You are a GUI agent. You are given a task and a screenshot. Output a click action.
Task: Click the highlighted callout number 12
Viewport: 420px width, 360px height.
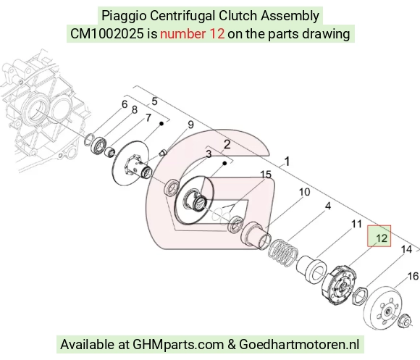382,238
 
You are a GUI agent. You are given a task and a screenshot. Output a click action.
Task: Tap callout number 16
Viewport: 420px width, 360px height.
413,276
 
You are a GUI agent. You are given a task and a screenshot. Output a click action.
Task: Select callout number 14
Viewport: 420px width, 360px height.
406,249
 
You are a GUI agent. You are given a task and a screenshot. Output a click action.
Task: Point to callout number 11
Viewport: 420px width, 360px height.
356,224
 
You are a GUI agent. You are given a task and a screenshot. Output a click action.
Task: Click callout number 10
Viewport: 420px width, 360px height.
304,192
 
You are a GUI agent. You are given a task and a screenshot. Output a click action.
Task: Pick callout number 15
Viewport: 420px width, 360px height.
266,175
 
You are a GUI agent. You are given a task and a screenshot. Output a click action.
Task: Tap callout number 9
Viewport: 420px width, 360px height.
190,125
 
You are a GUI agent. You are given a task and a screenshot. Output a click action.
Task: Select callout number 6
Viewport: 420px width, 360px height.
125,104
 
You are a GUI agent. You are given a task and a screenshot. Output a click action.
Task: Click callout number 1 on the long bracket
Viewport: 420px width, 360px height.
287,162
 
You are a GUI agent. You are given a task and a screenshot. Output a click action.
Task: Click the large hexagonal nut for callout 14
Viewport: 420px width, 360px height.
359,296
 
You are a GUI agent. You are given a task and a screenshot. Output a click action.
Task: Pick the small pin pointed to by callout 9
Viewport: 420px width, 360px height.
163,154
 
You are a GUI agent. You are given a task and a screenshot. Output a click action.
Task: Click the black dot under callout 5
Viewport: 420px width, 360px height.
161,123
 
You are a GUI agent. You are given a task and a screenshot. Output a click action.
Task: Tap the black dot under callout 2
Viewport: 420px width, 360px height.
225,163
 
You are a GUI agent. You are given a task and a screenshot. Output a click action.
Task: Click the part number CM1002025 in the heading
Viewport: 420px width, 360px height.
107,34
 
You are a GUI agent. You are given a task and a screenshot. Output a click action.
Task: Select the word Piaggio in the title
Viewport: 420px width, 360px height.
124,15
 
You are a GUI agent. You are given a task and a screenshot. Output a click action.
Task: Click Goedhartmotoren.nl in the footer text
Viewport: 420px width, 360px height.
299,344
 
